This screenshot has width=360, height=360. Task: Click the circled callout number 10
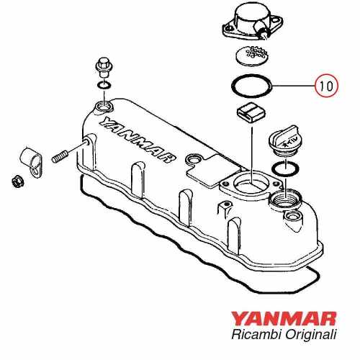tap(326, 85)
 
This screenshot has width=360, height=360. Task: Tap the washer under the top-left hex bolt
tap(103, 88)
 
